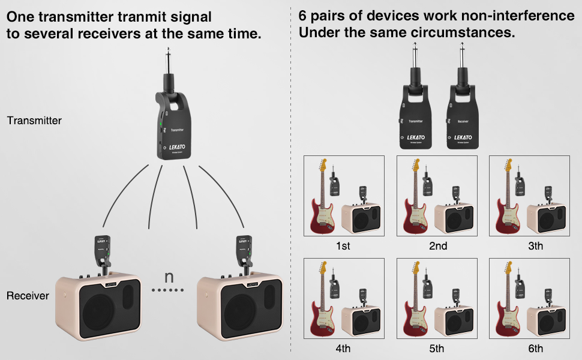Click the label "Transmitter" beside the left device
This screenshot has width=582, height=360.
[34, 121]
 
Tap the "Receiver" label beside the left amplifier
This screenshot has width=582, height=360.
[28, 296]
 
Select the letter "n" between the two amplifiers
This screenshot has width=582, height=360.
[169, 277]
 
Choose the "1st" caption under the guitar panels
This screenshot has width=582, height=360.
[344, 246]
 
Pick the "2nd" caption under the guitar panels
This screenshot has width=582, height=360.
[437, 246]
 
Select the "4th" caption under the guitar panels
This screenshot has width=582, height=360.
[344, 349]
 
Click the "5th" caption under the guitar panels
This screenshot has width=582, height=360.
[437, 349]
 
